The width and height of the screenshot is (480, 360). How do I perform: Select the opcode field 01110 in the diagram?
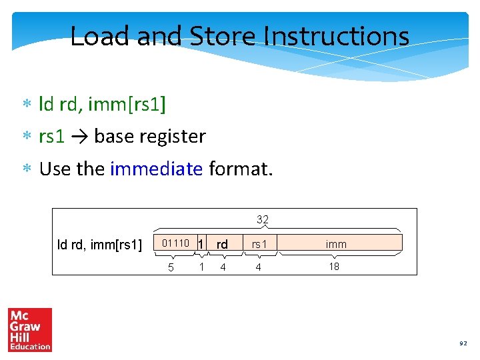tap(176, 243)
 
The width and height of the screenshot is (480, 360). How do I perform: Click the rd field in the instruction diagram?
tap(222, 244)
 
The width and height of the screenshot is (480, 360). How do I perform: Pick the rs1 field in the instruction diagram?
tap(259, 244)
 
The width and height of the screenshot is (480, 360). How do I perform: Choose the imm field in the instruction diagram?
tap(336, 244)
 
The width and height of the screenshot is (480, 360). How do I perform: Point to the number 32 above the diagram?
tap(262, 219)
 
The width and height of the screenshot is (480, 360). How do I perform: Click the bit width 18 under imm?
tap(334, 267)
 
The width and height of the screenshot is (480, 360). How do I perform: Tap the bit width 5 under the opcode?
tap(171, 267)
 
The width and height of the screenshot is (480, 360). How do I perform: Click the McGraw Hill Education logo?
tap(29, 329)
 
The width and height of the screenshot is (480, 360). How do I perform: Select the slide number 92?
tap(462, 343)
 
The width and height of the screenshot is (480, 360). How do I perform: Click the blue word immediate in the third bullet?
tap(156, 169)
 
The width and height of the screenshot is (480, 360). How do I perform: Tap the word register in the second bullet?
tap(171, 137)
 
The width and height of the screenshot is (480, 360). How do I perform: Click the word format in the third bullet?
tap(239, 169)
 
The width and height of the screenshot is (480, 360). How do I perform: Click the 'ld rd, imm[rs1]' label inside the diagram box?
tap(99, 245)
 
